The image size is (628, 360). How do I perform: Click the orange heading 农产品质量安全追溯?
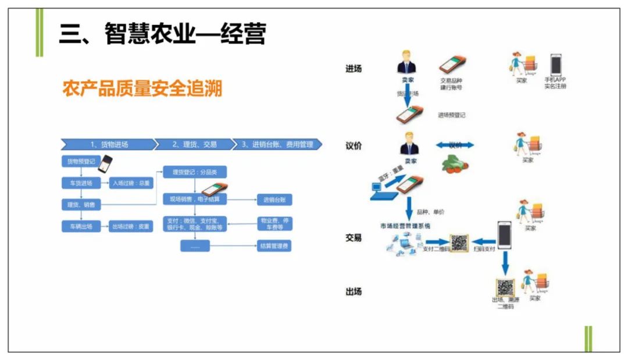pyautogui.click(x=142, y=90)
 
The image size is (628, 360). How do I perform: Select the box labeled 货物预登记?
pyautogui.click(x=78, y=161)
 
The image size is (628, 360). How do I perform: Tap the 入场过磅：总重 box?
pyautogui.click(x=131, y=183)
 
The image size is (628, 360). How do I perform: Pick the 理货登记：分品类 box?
pyautogui.click(x=191, y=172)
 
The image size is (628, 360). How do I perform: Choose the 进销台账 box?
pyautogui.click(x=274, y=200)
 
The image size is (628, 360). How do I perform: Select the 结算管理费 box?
pyautogui.click(x=274, y=246)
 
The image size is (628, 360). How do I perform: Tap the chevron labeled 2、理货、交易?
pyautogui.click(x=194, y=144)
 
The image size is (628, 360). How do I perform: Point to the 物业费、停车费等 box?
pyautogui.click(x=274, y=223)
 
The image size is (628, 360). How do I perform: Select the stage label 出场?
pyautogui.click(x=354, y=291)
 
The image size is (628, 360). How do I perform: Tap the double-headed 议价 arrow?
pyautogui.click(x=455, y=145)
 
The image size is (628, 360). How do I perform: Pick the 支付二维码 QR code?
pyautogui.click(x=459, y=243)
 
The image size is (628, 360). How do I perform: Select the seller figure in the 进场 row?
pyautogui.click(x=406, y=63)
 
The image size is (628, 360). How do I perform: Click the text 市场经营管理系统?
pyautogui.click(x=405, y=226)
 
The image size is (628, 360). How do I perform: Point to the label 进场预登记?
pyautogui.click(x=451, y=115)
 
